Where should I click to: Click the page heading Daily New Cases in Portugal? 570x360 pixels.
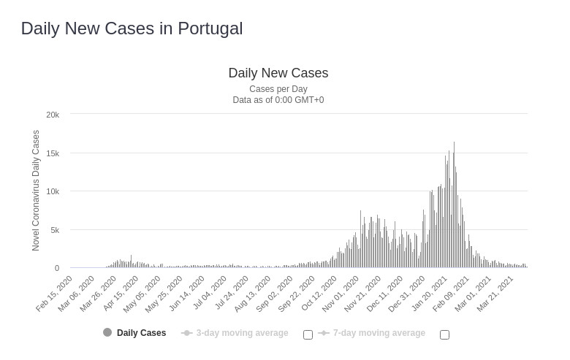(x=132, y=28)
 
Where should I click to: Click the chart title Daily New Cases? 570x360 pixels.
(x=278, y=73)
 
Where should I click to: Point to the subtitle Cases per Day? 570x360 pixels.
(x=278, y=89)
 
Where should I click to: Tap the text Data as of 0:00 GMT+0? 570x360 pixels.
(x=278, y=100)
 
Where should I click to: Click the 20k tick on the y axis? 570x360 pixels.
(x=53, y=115)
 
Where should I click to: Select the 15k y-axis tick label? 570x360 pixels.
(x=53, y=153)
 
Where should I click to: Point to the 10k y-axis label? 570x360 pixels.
(x=53, y=191)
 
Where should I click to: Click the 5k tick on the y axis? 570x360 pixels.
(x=54, y=230)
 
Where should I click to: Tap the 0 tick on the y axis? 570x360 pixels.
(x=56, y=268)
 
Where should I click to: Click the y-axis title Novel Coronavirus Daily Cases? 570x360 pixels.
(x=36, y=191)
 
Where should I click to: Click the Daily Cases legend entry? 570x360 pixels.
(x=141, y=333)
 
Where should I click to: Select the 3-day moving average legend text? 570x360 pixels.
(x=242, y=333)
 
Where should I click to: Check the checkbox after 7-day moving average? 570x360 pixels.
(x=444, y=334)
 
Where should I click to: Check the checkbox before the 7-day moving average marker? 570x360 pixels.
(x=308, y=334)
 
